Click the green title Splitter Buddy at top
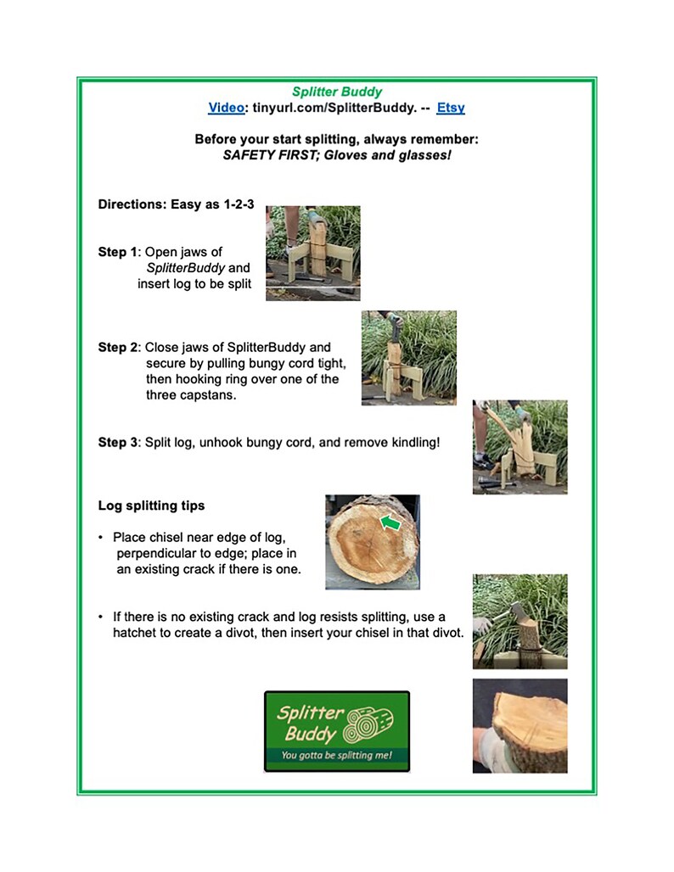[x=337, y=92]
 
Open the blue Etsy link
[x=451, y=108]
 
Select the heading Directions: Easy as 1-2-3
[x=176, y=204]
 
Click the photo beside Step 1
[x=312, y=253]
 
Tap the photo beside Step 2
[x=408, y=357]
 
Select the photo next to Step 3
[x=520, y=447]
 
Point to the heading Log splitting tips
[x=151, y=506]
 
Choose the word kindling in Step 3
[x=410, y=442]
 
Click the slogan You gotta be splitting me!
[x=336, y=754]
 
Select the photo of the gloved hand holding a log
[x=520, y=725]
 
